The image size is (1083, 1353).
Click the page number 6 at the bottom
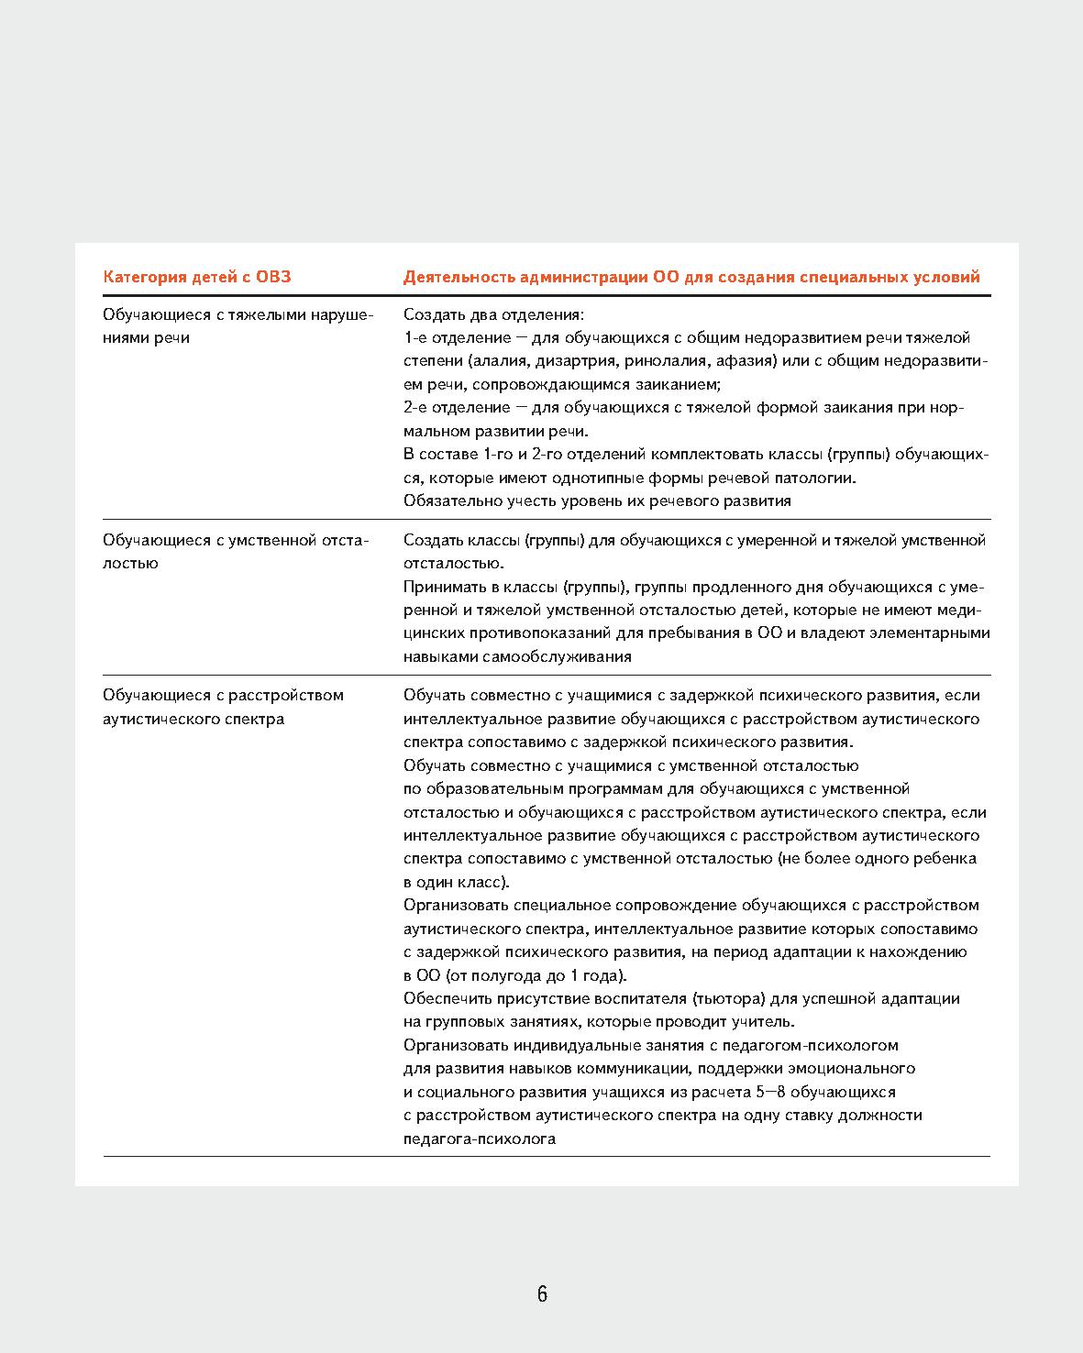(x=542, y=1294)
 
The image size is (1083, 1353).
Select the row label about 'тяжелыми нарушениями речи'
(x=238, y=326)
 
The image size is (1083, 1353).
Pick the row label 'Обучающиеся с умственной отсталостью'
(x=235, y=551)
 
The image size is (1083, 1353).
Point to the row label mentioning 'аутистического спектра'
(x=223, y=707)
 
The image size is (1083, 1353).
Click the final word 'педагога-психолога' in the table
(x=480, y=1139)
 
